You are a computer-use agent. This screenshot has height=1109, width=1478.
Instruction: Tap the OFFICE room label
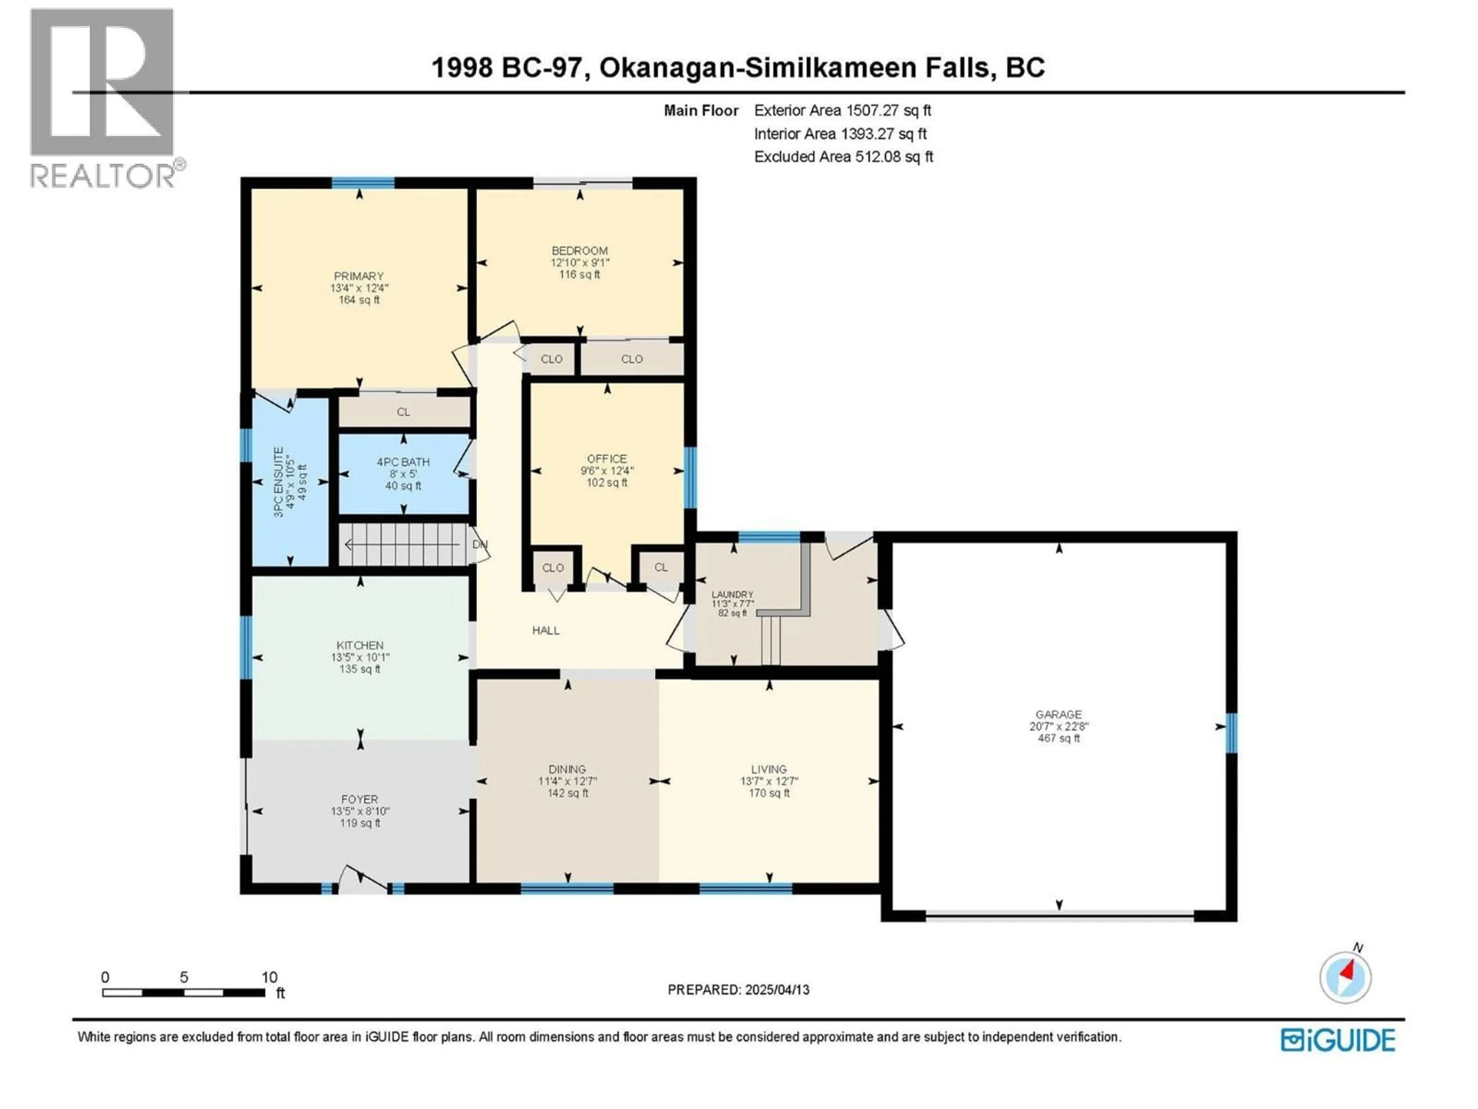coord(607,459)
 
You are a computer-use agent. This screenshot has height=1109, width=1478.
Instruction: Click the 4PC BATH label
coord(403,462)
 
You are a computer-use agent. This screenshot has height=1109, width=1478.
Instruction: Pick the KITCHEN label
coord(359,645)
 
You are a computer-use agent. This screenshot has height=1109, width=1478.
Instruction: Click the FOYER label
coord(359,799)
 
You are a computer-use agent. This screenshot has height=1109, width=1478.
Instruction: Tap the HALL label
coord(545,630)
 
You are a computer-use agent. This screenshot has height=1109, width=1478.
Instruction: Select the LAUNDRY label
coord(732,594)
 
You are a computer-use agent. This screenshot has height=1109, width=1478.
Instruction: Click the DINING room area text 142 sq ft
coord(567,794)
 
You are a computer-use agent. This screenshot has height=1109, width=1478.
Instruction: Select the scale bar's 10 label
coord(269,977)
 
